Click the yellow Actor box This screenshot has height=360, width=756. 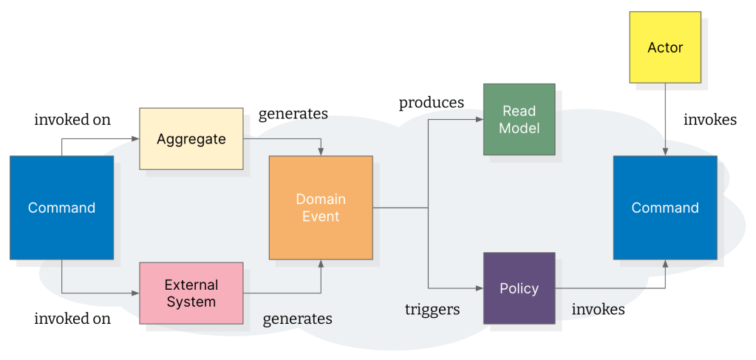click(x=665, y=47)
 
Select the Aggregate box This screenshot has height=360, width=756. click(x=191, y=139)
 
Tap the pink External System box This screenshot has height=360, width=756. click(x=191, y=293)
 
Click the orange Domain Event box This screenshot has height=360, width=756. click(x=321, y=208)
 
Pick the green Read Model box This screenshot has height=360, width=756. click(x=520, y=119)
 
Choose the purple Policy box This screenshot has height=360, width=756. click(x=519, y=288)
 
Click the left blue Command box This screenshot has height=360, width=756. click(x=61, y=208)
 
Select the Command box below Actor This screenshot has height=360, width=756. click(x=665, y=208)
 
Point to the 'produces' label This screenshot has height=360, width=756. click(x=432, y=103)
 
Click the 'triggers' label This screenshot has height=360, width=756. click(x=432, y=309)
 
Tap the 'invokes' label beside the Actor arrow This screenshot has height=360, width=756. click(x=709, y=119)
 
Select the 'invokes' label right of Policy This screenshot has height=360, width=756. click(x=598, y=309)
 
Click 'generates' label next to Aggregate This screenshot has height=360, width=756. click(x=293, y=114)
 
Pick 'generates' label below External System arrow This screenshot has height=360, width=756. click(x=297, y=319)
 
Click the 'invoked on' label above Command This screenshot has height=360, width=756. click(x=72, y=119)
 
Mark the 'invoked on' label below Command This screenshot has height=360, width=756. click(x=72, y=319)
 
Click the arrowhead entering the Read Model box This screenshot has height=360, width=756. click(x=479, y=119)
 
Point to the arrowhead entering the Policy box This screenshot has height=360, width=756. click(x=479, y=288)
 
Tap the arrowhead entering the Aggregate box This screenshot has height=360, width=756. click(x=135, y=139)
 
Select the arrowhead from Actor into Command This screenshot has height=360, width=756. click(x=665, y=152)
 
